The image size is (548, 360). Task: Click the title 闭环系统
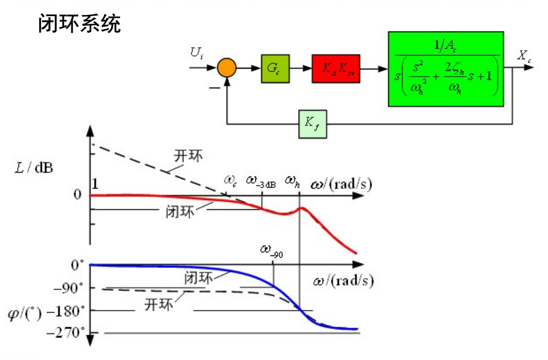79,24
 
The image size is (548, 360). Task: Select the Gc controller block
274,68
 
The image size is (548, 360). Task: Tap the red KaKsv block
338,68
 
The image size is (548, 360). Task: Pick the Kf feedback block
312,124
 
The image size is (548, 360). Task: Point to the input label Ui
197,53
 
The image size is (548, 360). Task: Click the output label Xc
524,55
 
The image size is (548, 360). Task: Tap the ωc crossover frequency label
231,181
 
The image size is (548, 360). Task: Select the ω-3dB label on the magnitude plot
261,181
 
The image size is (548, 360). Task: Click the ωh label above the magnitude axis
292,181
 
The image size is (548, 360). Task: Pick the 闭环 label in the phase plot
199,277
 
